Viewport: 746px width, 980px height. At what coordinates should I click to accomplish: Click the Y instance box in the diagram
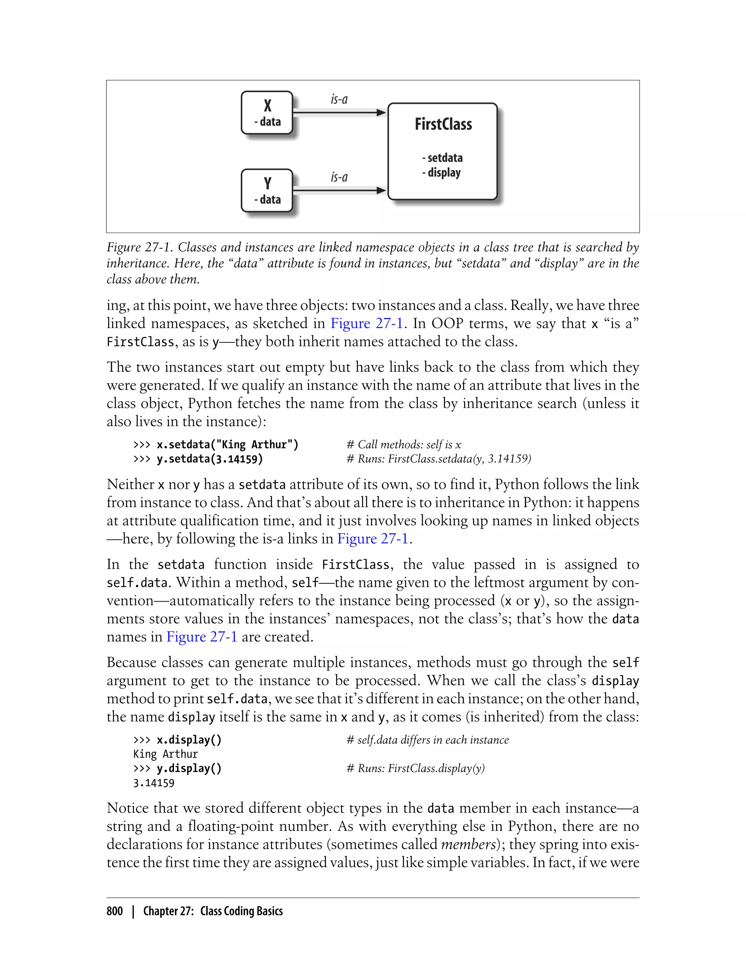(x=267, y=190)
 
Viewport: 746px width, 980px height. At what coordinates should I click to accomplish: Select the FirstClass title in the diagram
(x=443, y=124)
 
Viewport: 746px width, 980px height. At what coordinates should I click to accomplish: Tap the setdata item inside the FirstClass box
(x=442, y=158)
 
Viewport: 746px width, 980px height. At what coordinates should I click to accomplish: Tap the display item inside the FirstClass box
(x=441, y=172)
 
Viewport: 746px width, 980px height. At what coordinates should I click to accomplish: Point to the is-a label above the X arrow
(x=339, y=99)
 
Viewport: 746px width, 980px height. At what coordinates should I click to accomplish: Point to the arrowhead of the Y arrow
(x=381, y=190)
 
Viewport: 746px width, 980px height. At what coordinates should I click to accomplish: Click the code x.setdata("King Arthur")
(x=227, y=444)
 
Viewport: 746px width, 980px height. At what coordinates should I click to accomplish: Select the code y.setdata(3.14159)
(x=209, y=459)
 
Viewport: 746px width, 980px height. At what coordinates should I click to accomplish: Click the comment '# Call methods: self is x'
(x=404, y=444)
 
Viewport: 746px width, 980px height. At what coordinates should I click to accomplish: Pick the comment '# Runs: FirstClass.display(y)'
(x=415, y=769)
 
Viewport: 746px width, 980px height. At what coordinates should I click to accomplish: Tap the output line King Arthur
(x=165, y=754)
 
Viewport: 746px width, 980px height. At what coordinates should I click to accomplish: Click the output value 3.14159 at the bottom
(x=154, y=783)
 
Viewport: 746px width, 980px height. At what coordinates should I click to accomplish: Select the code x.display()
(x=189, y=740)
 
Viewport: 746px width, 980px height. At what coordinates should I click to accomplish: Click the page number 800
(x=115, y=911)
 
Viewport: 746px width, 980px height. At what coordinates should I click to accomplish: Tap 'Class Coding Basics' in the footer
(x=241, y=911)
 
